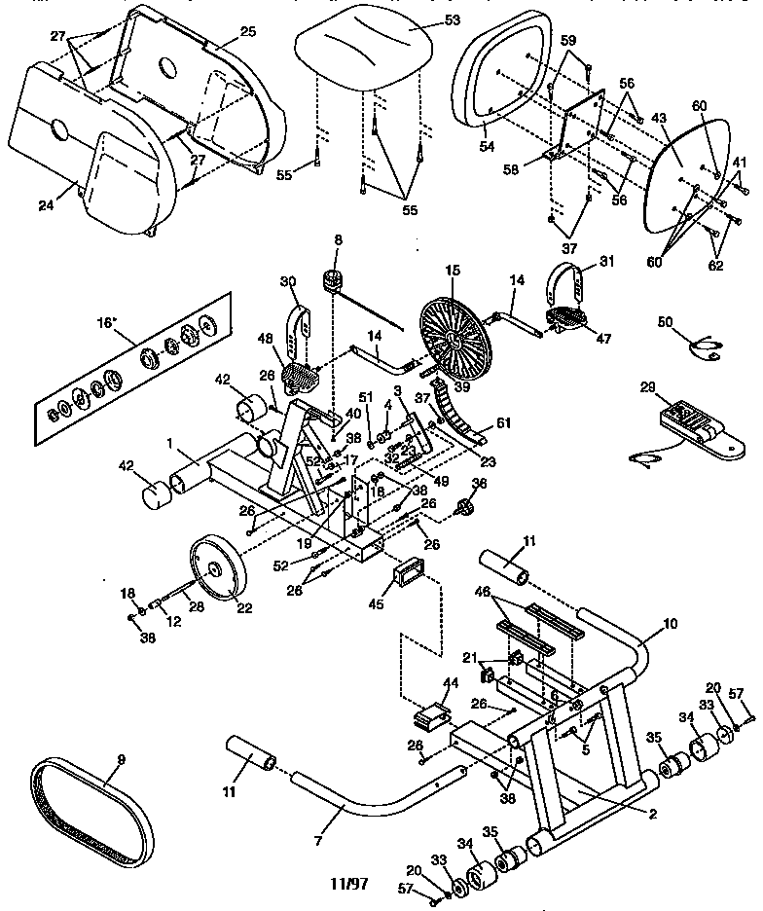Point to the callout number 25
coord(247,32)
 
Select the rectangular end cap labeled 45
coord(407,574)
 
